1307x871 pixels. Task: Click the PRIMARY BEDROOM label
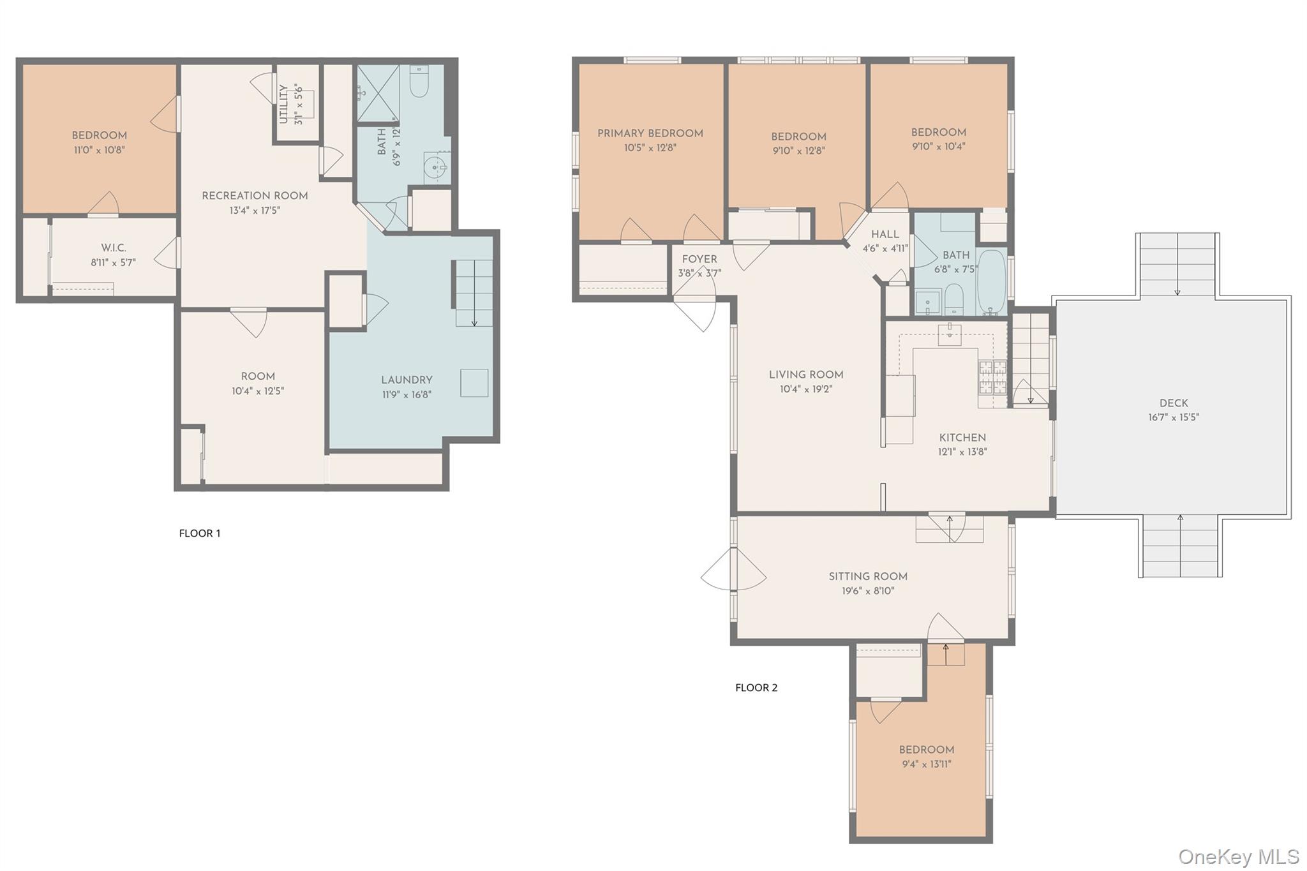pos(650,133)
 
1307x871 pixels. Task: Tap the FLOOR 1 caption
pos(199,533)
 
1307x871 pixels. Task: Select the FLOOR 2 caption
pos(756,688)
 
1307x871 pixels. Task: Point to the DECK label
pos(1174,403)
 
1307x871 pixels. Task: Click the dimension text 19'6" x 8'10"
pos(868,591)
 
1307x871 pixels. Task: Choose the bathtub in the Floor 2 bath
pos(991,283)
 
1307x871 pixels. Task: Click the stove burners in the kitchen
pos(992,376)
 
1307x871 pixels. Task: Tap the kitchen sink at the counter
pos(950,334)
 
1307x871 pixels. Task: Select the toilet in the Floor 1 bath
pos(419,82)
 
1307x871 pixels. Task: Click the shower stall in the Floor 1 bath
pos(377,93)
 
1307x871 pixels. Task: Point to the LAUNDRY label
pos(407,380)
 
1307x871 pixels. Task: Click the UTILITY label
pos(283,104)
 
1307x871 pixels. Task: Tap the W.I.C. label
pos(114,248)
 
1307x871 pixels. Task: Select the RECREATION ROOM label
pos(255,196)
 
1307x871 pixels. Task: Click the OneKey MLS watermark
pos(1238,856)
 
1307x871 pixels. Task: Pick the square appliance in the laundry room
pos(474,383)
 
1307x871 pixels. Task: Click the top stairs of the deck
pos(1177,264)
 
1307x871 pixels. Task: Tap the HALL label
pos(885,234)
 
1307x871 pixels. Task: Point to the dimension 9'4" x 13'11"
pos(926,764)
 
